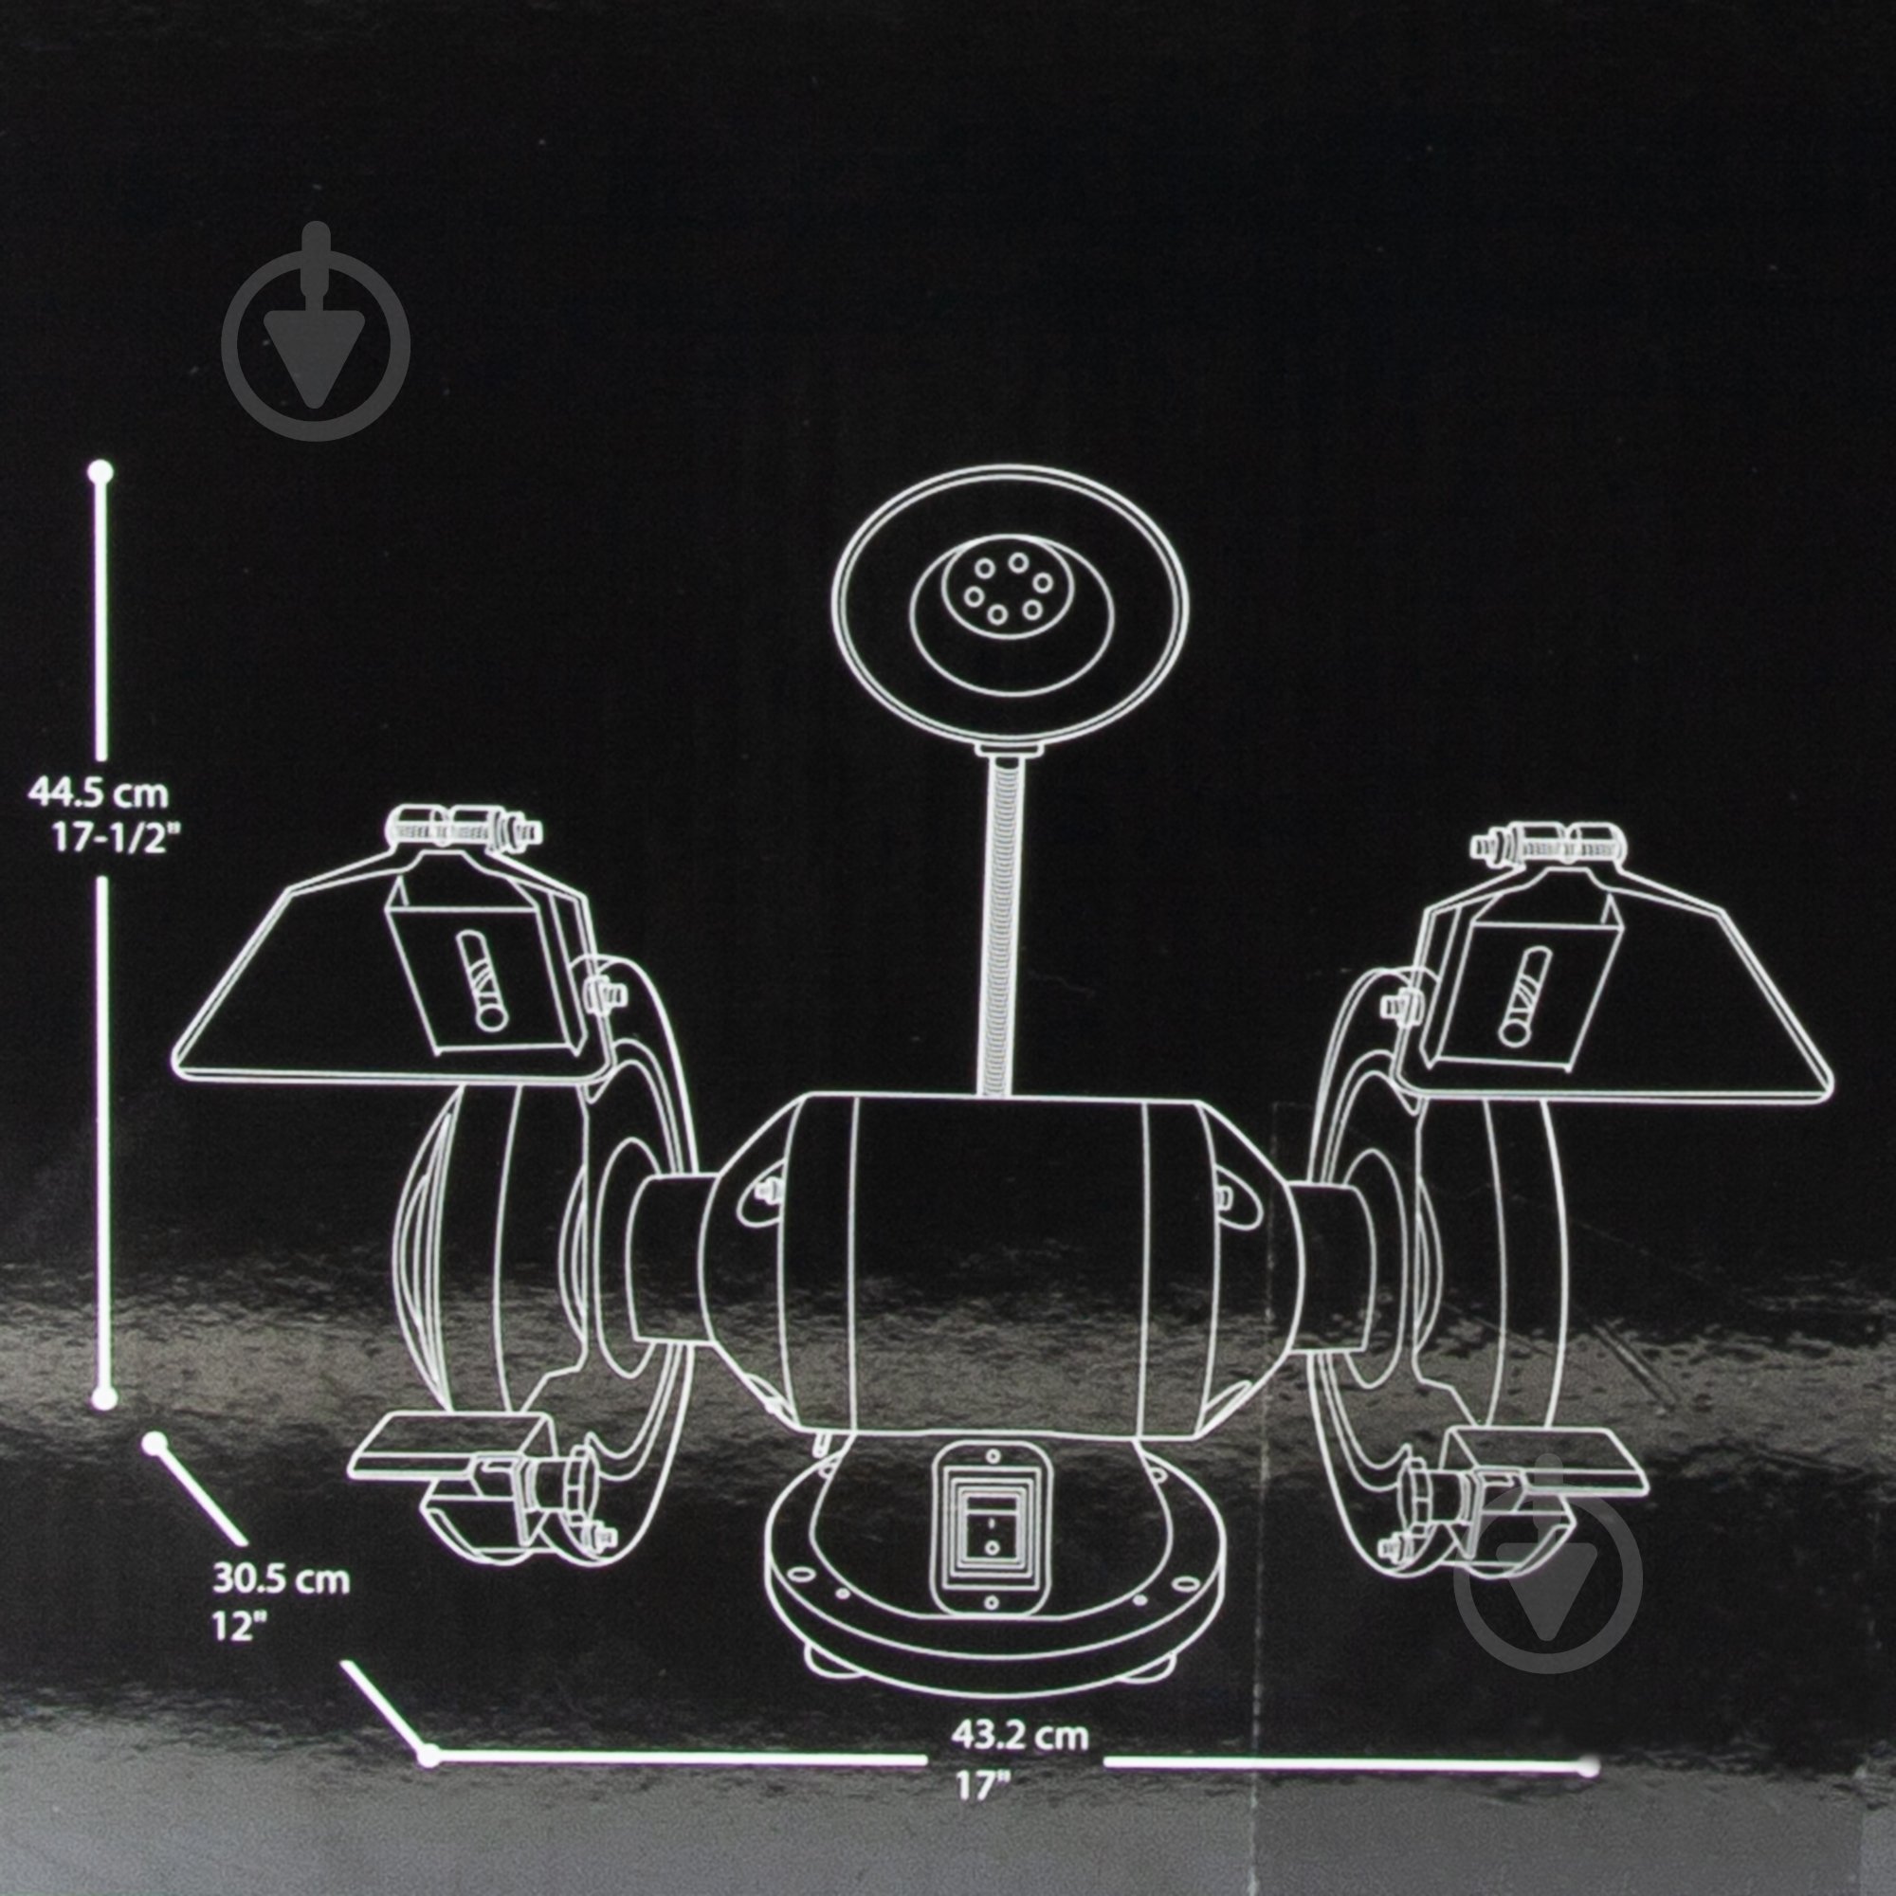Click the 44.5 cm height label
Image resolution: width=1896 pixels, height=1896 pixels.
[99, 791]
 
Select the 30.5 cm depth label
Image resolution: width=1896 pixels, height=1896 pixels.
[281, 1581]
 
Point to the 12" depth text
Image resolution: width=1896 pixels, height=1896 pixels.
[240, 1626]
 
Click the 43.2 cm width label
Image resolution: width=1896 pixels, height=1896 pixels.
[1019, 1736]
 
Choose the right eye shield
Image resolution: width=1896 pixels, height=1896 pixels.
[1610, 992]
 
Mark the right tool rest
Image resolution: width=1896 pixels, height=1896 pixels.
[1551, 1455]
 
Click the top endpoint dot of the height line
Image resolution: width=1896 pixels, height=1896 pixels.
[101, 472]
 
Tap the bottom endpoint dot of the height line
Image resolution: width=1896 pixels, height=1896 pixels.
[104, 1397]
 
